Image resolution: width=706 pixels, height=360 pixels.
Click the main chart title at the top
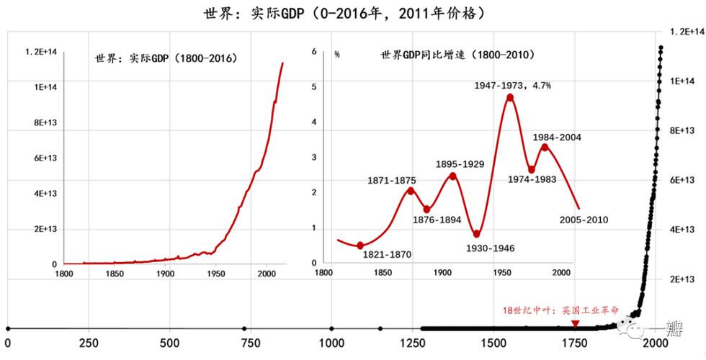(353, 12)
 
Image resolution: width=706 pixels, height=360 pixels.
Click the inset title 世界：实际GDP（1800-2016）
(166, 58)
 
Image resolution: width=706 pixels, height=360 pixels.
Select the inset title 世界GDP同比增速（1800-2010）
(452, 55)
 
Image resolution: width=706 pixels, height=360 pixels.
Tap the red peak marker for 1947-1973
(510, 98)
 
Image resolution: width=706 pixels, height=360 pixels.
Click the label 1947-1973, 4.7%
(512, 85)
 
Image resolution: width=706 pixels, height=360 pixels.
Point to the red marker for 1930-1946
(477, 234)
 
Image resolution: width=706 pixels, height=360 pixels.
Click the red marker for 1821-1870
(360, 246)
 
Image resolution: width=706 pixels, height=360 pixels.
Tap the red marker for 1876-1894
(426, 210)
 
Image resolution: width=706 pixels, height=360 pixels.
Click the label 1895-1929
(460, 164)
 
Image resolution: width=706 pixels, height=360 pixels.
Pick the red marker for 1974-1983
(532, 170)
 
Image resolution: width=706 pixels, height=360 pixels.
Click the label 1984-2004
(557, 137)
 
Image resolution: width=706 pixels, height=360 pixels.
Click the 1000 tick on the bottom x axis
(331, 343)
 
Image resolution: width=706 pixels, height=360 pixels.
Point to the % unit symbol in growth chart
(336, 55)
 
